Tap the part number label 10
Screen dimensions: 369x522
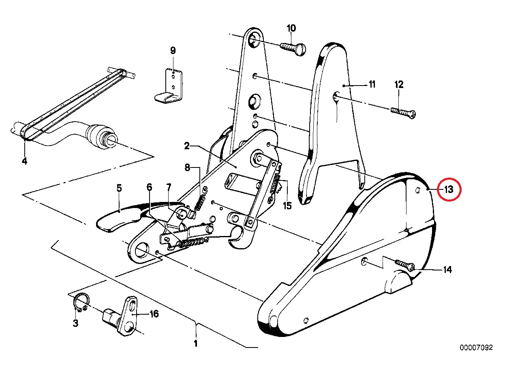pos(291,28)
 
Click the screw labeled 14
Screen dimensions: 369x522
pos(405,265)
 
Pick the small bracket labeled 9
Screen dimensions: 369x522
pos(170,86)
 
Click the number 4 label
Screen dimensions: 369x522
pos(24,161)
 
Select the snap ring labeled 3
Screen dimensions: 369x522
pos(81,302)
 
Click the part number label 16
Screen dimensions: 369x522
pos(154,314)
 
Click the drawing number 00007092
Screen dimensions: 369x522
pos(476,348)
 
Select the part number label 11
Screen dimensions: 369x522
pos(372,84)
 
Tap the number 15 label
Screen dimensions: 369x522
pos(287,206)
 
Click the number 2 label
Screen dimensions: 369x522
pos(187,146)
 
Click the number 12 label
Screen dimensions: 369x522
pos(399,84)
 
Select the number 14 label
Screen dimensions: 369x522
pos(447,270)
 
